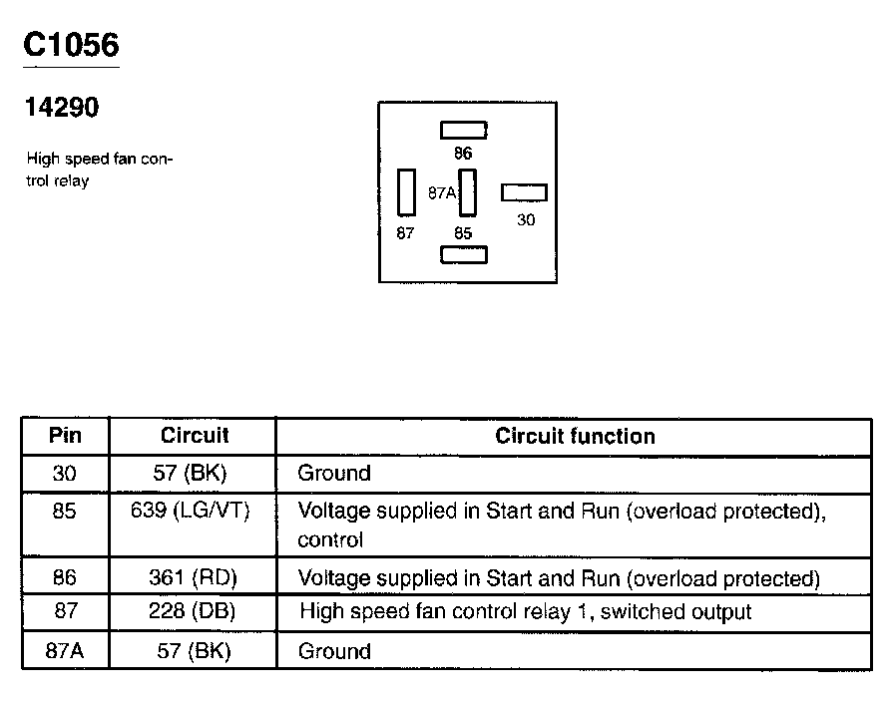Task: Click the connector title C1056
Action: coord(70,45)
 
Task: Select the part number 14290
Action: coord(62,108)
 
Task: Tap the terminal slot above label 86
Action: coord(464,130)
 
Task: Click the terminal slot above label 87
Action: coord(406,191)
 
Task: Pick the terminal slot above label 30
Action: coord(524,192)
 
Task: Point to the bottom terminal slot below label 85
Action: coord(464,254)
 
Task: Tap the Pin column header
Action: coord(65,436)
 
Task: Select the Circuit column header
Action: coord(195,436)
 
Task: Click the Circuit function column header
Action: coord(575,436)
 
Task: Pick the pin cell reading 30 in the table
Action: coord(65,473)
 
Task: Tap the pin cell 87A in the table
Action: coord(65,651)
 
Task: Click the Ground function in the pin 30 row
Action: coord(334,473)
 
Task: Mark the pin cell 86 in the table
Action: coord(65,578)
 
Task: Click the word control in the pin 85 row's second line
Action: coord(330,540)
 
